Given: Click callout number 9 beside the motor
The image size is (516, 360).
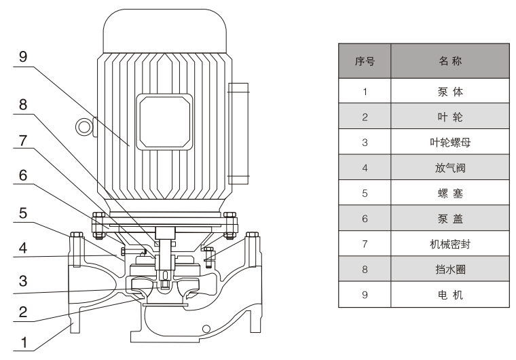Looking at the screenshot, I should pos(23,57).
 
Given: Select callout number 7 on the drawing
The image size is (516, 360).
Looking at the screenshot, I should pos(23,141).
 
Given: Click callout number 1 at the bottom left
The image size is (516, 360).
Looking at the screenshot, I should pos(23,344).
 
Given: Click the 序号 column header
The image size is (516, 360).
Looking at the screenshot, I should pos(365,62).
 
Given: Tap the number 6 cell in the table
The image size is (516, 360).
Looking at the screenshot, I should pos(365,219).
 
